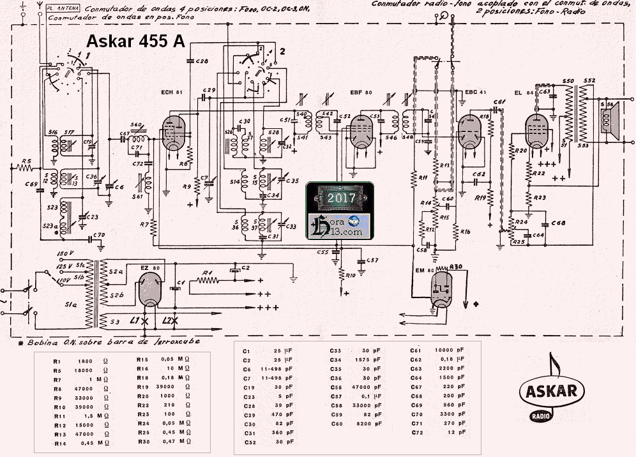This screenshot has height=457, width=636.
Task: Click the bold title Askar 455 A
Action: click(x=135, y=41)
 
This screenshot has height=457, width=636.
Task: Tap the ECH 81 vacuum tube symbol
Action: click(x=174, y=133)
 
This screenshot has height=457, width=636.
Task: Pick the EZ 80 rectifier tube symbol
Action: click(x=149, y=289)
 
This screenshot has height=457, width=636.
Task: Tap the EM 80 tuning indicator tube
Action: click(x=441, y=285)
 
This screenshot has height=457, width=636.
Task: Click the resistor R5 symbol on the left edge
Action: click(x=25, y=169)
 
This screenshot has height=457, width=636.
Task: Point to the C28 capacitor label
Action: click(x=202, y=61)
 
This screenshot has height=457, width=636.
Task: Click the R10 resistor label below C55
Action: click(x=350, y=275)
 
